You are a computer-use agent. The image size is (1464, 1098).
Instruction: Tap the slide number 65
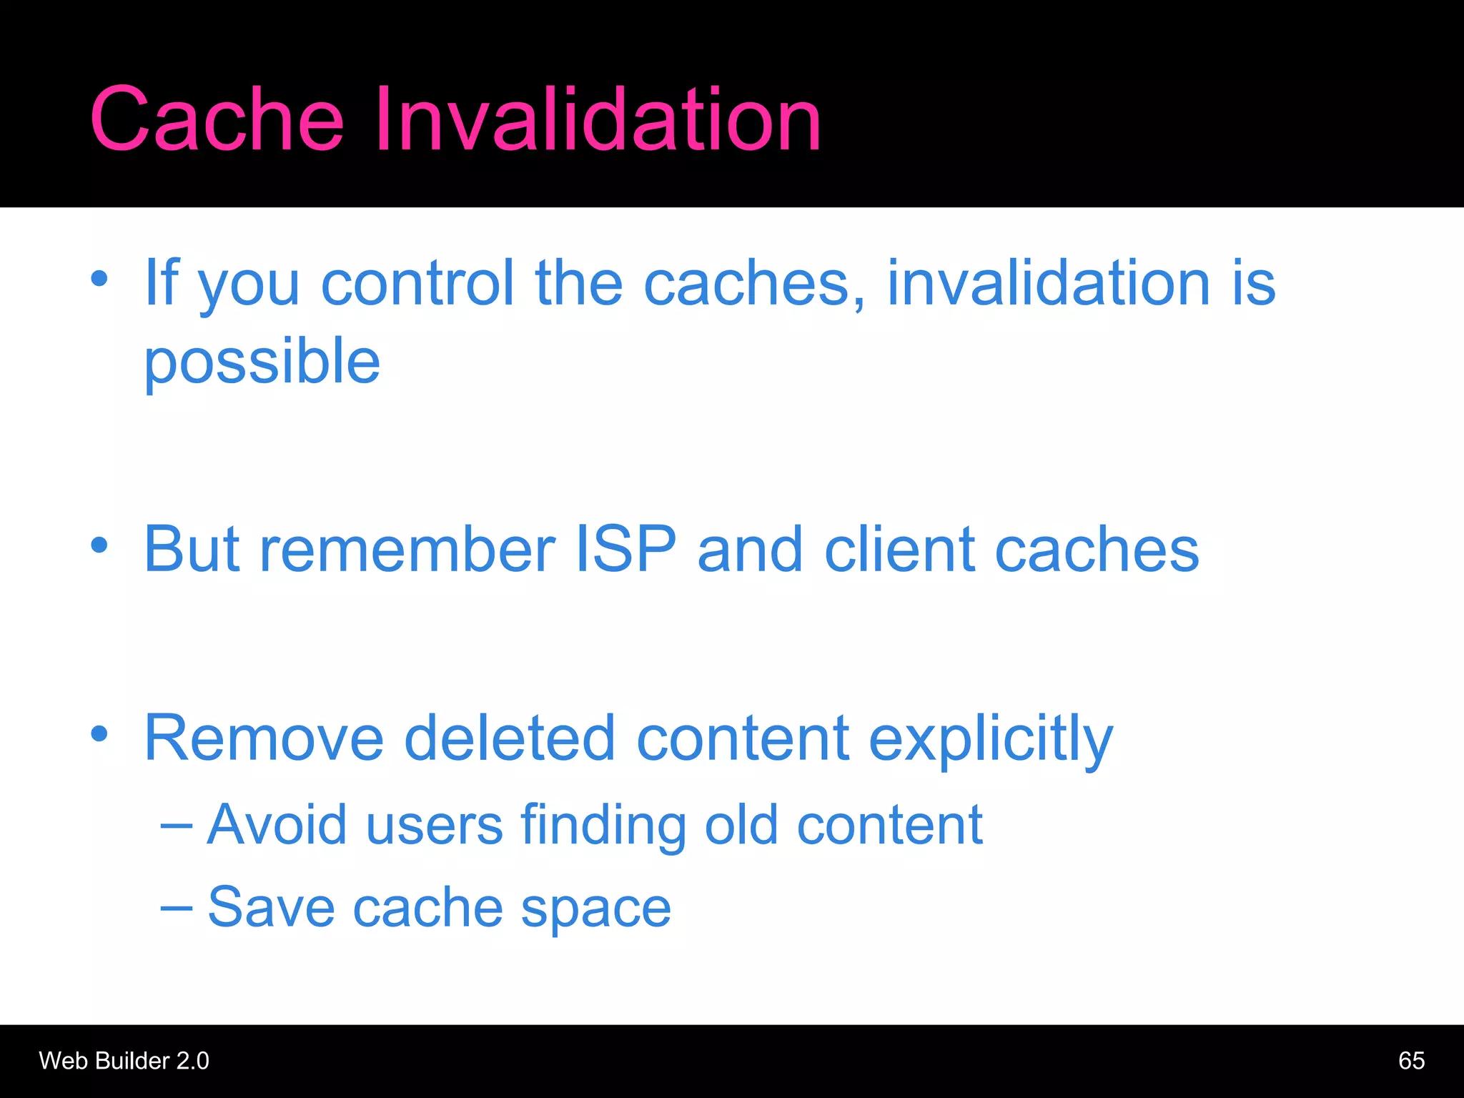[x=1411, y=1061]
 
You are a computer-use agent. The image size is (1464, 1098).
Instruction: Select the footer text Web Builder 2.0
[x=124, y=1061]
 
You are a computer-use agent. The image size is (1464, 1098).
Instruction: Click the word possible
[x=262, y=363]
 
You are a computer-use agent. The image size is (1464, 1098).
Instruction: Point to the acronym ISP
[x=625, y=549]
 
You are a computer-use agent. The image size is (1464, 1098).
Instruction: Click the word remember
[x=407, y=549]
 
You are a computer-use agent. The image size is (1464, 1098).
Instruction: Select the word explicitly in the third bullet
[x=991, y=739]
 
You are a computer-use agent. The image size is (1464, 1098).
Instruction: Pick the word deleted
[x=509, y=738]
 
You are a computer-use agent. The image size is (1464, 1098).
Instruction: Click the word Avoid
[x=277, y=825]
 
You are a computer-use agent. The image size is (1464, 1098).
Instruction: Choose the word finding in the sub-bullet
[x=603, y=826]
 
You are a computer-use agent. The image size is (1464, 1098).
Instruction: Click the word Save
[x=272, y=907]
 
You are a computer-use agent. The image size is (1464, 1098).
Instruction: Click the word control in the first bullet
[x=417, y=283]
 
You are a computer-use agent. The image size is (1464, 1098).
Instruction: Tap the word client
[x=900, y=549]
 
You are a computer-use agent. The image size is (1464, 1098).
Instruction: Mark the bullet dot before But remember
[x=99, y=545]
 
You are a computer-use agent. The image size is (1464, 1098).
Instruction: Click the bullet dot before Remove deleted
[x=99, y=733]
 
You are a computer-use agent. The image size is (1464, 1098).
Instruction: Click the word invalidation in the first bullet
[x=1048, y=283]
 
